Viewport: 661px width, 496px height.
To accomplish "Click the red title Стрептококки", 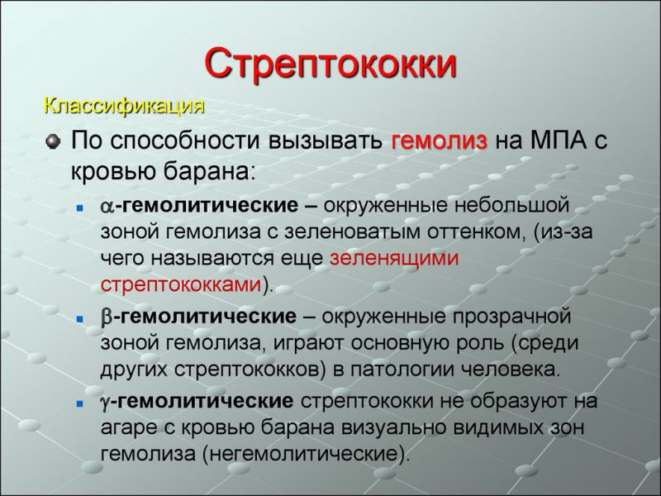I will (330, 64).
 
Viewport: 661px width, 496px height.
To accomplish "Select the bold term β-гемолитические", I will (198, 317).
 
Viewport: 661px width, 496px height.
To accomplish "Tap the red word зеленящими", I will (393, 258).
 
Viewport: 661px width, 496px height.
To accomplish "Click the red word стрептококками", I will (181, 284).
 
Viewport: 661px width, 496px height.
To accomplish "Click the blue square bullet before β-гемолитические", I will (78, 318).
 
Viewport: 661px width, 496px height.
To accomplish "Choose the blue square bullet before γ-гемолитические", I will (78, 403).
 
